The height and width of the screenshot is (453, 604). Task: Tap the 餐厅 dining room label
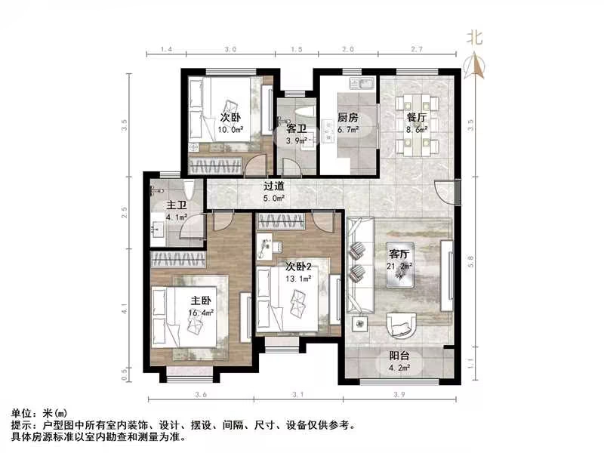pyautogui.click(x=417, y=118)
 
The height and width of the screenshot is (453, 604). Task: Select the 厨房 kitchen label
pyautogui.click(x=347, y=118)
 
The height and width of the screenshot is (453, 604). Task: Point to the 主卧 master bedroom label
pyautogui.click(x=202, y=299)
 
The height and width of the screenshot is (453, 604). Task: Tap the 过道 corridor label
pyautogui.click(x=273, y=186)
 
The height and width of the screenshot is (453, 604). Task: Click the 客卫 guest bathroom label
pyautogui.click(x=296, y=129)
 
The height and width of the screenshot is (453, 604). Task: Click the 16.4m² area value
pyautogui.click(x=202, y=310)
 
